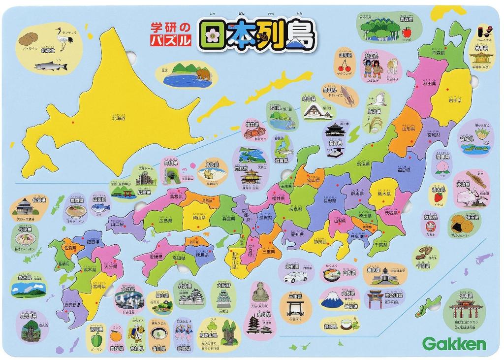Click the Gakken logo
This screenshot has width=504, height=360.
(454, 344)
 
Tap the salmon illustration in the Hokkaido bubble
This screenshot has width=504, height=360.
(51, 65)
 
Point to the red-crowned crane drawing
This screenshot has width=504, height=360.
(62, 39)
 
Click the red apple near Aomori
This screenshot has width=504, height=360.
(407, 33)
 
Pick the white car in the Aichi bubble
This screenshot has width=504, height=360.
(295, 278)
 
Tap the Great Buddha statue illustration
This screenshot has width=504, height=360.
(260, 293)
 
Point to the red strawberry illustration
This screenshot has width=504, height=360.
(438, 197)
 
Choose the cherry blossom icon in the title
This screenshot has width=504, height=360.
(212, 35)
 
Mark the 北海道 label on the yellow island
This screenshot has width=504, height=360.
(119, 118)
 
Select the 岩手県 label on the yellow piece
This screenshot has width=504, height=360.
(453, 100)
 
